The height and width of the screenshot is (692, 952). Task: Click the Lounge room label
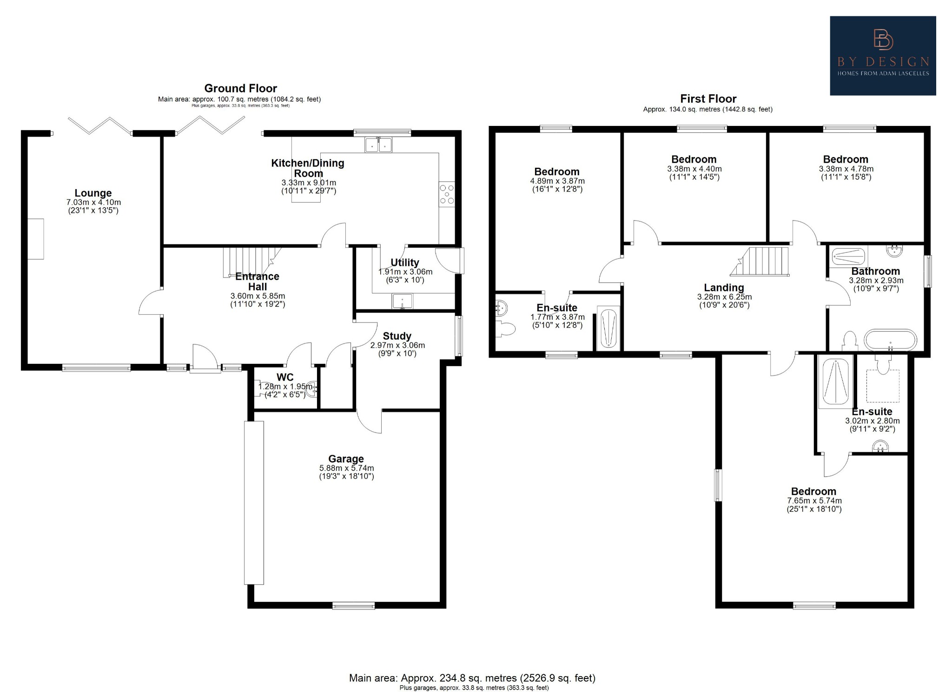click(x=93, y=193)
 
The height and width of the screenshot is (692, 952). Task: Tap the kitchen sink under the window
click(x=378, y=145)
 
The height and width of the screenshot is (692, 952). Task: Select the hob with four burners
click(x=447, y=194)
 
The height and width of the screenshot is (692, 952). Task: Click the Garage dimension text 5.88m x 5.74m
click(x=346, y=468)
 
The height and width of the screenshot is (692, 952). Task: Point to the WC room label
click(x=285, y=377)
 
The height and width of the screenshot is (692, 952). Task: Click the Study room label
click(x=397, y=336)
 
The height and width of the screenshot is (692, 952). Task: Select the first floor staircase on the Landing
click(x=762, y=261)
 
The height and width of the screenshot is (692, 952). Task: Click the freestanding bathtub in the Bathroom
click(x=890, y=340)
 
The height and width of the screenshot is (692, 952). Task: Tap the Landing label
click(x=724, y=288)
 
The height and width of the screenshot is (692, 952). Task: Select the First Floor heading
click(x=708, y=99)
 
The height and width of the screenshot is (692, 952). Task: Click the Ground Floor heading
click(x=240, y=88)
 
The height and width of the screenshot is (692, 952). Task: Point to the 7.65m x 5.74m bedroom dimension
click(x=814, y=501)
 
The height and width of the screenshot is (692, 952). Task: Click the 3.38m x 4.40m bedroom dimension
click(x=694, y=169)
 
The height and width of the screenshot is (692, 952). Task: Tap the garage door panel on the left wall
click(x=254, y=502)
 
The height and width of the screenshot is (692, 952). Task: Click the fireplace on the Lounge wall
click(x=36, y=239)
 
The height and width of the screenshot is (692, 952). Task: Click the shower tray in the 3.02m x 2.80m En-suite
click(x=835, y=382)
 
